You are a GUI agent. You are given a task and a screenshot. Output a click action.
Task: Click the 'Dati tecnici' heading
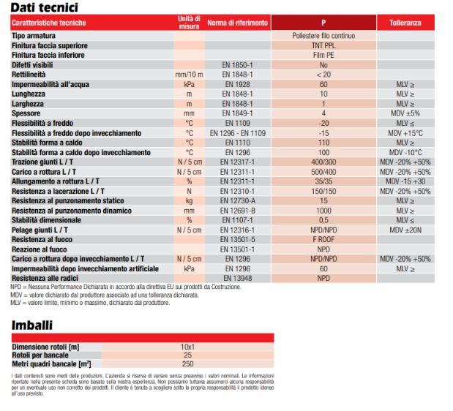tap(44, 7)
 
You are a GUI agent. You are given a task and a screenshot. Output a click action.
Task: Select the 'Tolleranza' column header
tap(405, 23)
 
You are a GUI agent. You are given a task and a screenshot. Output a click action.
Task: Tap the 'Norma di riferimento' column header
tap(238, 23)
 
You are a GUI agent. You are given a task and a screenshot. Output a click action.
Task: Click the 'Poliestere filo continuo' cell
tap(323, 36)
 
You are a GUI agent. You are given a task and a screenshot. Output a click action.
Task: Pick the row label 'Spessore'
tap(26, 113)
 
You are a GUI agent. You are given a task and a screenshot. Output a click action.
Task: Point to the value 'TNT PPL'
tap(323, 45)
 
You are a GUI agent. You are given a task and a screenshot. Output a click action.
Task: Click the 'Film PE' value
tap(323, 55)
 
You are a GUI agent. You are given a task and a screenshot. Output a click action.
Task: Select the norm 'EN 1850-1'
tap(238, 65)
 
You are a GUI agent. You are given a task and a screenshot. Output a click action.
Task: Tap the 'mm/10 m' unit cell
tap(189, 75)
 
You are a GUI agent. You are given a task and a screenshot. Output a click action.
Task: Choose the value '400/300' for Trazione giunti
tap(323, 162)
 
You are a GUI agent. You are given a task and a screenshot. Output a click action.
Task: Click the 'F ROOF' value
tap(323, 240)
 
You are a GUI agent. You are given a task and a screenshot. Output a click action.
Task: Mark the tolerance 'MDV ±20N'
tap(405, 230)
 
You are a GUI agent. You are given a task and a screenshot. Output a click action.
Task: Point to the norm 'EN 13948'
tap(238, 278)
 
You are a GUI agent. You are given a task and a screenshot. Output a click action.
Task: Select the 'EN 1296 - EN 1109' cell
tap(238, 133)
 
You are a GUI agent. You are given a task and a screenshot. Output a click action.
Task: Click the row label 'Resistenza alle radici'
tap(45, 278)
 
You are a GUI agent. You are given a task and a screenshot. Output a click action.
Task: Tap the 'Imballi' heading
tap(32, 325)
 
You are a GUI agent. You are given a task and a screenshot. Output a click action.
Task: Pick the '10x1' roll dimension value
tap(187, 347)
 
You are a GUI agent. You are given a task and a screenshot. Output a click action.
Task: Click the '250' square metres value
tap(187, 364)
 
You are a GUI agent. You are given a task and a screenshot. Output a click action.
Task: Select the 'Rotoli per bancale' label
tap(40, 355)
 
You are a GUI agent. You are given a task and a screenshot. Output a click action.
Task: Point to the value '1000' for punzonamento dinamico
tap(323, 211)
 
